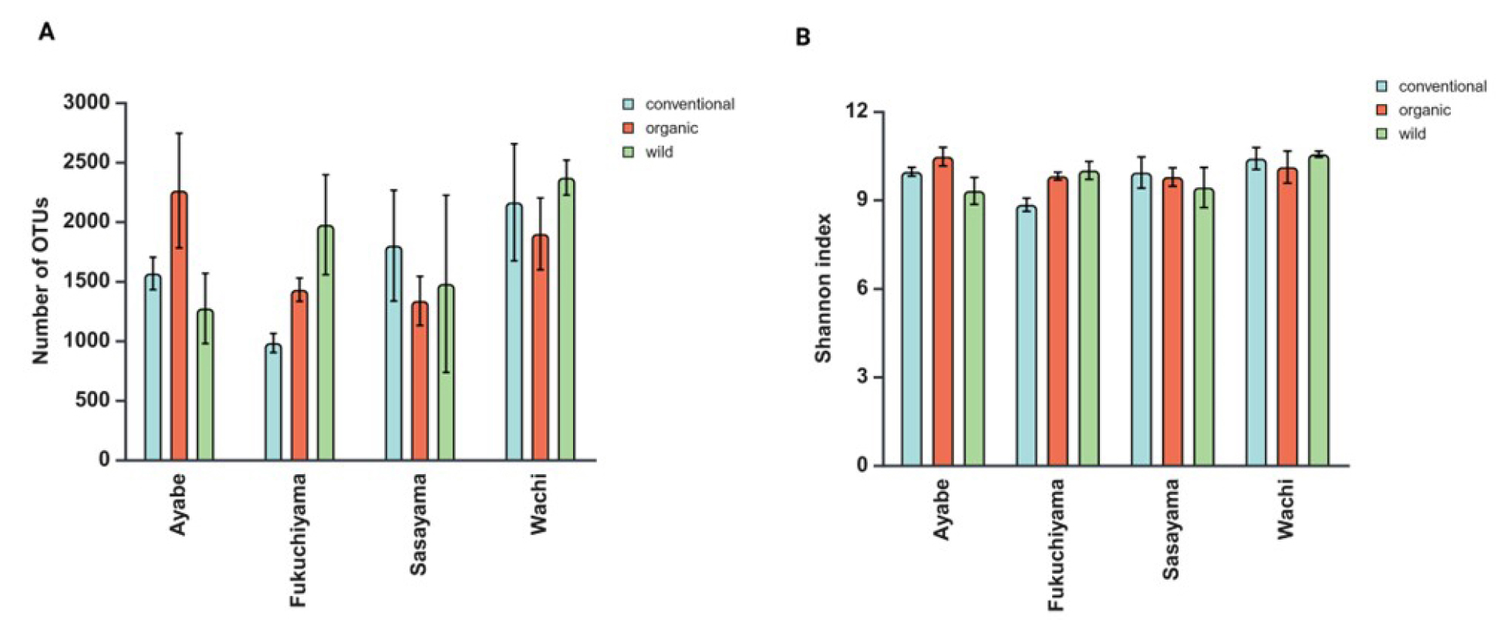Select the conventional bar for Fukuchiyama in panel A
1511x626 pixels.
pos(273,402)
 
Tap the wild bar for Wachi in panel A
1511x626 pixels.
pos(567,320)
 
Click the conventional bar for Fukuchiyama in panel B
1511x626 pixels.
pos(1027,336)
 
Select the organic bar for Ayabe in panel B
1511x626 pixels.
pos(943,312)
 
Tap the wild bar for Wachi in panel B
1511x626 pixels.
pos(1318,311)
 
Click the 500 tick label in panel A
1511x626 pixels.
pos(93,401)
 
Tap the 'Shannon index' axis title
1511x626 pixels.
pos(823,288)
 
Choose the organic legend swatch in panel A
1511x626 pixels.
pos(629,128)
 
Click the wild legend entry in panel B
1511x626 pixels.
pos(1412,134)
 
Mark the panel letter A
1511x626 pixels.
pos(47,32)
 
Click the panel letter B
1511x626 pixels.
pos(803,36)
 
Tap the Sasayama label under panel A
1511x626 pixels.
pos(418,524)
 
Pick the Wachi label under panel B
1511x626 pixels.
pos(1284,509)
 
